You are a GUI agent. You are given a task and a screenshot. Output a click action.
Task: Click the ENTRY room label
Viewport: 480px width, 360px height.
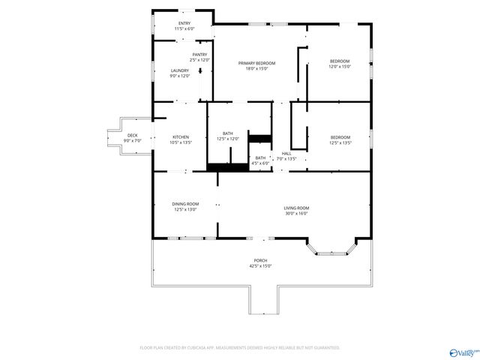(x=184, y=23)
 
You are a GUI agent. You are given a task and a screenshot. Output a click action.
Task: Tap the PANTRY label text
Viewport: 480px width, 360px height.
(x=199, y=54)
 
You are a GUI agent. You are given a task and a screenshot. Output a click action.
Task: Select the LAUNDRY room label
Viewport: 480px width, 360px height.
(x=180, y=70)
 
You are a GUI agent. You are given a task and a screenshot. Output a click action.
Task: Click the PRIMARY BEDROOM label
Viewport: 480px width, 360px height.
(x=256, y=63)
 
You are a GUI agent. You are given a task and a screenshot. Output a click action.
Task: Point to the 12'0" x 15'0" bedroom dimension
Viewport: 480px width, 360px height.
(x=340, y=66)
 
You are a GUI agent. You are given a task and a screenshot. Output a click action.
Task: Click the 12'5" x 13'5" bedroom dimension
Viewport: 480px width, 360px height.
(x=340, y=142)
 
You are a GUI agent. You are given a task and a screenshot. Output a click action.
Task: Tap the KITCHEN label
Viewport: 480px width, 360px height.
(x=181, y=136)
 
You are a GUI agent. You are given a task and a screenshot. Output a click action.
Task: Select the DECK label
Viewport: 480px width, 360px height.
(x=132, y=135)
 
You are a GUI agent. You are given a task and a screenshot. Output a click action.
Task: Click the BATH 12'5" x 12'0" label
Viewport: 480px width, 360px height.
(x=227, y=133)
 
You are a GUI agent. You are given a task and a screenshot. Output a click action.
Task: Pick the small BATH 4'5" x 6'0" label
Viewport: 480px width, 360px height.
(x=260, y=157)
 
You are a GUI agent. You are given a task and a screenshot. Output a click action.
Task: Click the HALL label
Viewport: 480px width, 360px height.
(x=286, y=154)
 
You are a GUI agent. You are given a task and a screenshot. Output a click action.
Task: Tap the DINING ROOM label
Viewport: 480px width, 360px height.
(x=186, y=204)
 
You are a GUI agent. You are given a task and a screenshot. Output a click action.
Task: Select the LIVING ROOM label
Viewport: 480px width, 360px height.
(x=295, y=208)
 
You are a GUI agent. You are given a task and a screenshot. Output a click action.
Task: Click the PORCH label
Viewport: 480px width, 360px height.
(x=259, y=260)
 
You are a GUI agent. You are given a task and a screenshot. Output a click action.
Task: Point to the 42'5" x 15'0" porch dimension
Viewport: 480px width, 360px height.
(x=259, y=265)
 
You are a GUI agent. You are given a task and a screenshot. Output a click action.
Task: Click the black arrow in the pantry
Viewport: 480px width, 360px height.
(x=200, y=71)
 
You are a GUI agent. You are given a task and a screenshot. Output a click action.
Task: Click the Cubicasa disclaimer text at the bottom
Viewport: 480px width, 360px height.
(x=240, y=347)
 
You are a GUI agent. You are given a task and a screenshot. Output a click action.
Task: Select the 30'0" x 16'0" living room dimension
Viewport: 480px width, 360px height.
(x=295, y=213)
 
